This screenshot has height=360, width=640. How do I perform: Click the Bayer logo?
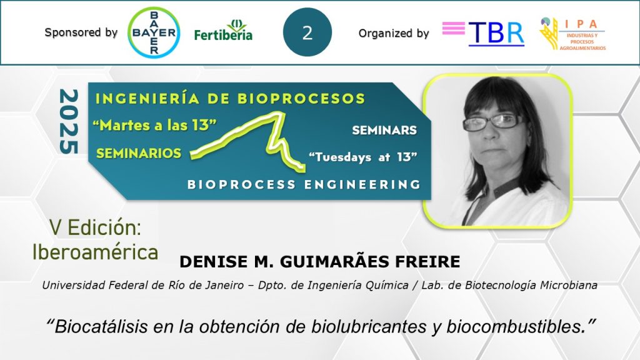click(x=154, y=32)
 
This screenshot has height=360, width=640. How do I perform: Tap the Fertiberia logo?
click(x=223, y=31)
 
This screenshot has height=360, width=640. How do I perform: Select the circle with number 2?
click(x=307, y=32)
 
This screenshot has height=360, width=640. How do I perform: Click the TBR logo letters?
click(x=496, y=34)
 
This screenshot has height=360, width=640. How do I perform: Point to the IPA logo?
click(x=572, y=34)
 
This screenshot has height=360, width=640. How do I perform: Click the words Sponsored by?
click(x=81, y=32)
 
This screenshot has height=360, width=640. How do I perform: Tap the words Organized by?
click(x=394, y=33)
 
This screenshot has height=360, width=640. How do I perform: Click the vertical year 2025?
click(x=69, y=122)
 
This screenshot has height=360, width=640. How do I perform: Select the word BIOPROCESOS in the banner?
click(x=301, y=98)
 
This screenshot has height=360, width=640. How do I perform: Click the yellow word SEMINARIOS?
click(x=139, y=153)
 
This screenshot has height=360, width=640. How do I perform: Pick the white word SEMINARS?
click(x=384, y=130)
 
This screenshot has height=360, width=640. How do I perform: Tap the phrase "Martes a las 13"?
click(x=154, y=125)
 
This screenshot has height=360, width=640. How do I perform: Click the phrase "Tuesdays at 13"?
click(x=363, y=157)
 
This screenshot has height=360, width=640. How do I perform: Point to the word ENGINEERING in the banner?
click(x=362, y=184)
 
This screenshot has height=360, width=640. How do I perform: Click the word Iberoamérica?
click(x=95, y=252)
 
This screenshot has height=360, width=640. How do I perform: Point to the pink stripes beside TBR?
click(x=454, y=28)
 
